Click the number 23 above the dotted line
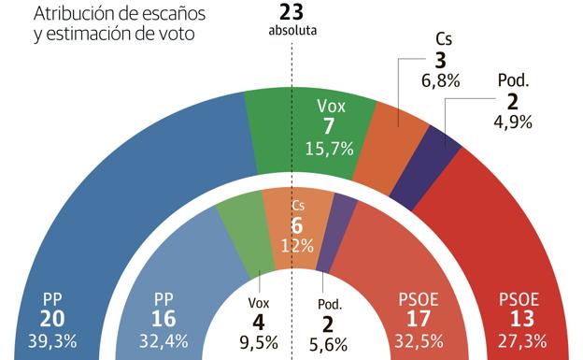click(292, 12)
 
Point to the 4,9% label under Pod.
click(511, 121)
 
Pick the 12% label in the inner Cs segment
click(296, 245)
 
